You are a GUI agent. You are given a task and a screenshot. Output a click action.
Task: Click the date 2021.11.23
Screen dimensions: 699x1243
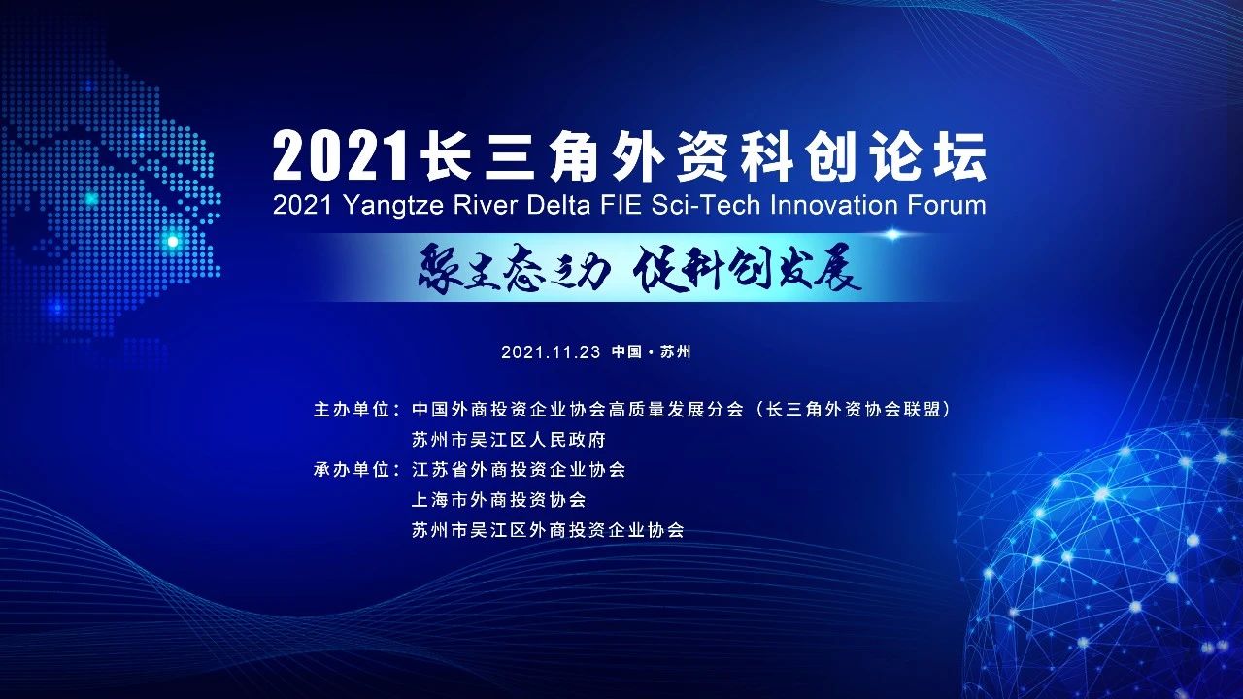click(552, 352)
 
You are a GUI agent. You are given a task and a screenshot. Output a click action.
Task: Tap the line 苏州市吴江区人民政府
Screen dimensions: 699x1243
click(509, 440)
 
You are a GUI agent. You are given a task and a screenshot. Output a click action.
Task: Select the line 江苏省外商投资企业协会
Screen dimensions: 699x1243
click(519, 470)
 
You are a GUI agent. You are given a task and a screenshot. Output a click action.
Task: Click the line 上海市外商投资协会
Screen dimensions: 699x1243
click(499, 500)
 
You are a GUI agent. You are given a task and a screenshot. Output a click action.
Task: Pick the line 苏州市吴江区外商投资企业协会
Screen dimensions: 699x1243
click(548, 530)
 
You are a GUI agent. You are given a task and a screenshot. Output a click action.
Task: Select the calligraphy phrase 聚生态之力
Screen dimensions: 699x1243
click(514, 269)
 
